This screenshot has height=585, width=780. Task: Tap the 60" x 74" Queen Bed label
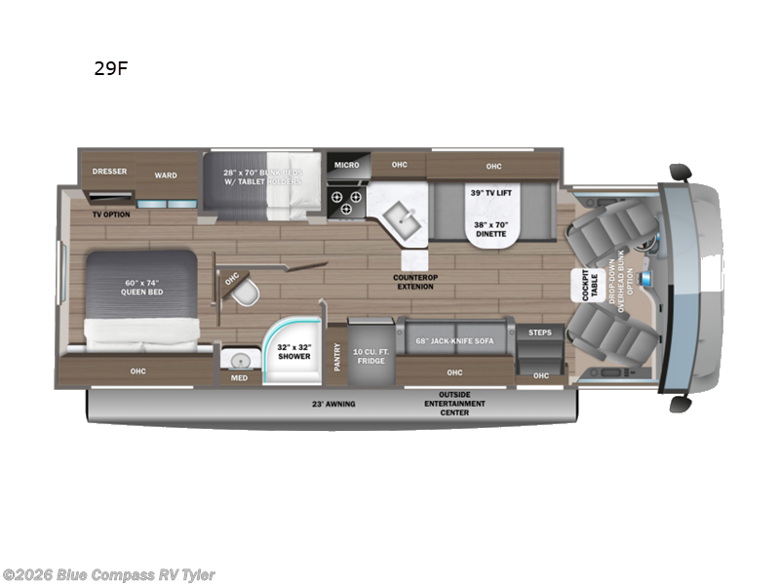140,288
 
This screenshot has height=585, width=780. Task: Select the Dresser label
109,172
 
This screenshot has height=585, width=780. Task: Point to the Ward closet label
166,175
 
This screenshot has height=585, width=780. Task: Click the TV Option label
111,213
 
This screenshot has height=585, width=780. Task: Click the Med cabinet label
239,377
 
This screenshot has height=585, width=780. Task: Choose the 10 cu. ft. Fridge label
371,356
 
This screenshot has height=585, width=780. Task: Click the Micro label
347,165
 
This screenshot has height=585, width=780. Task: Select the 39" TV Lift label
490,192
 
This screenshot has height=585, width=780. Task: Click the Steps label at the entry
539,332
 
